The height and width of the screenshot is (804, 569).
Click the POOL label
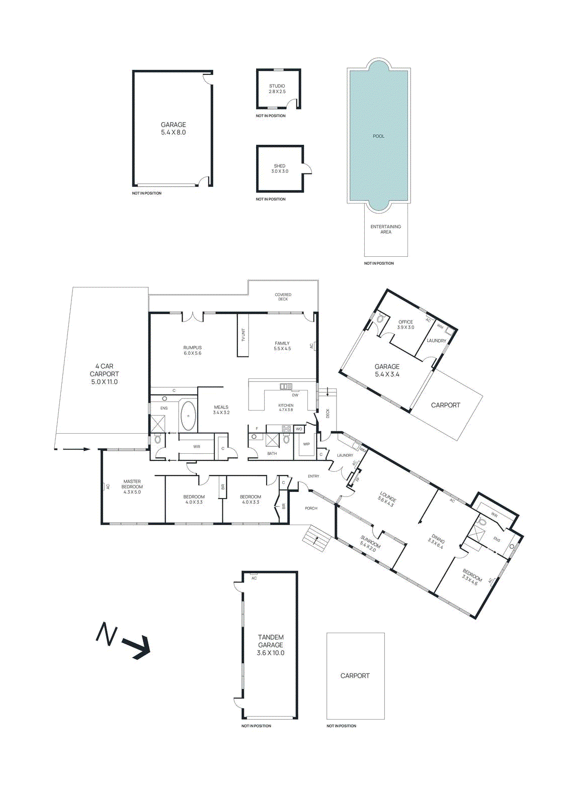[x=378, y=136]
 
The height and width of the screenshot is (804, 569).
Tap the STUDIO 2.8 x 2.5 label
[x=277, y=89]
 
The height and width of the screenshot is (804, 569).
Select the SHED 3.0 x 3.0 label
[x=280, y=169]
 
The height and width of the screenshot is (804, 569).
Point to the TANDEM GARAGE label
[x=271, y=645]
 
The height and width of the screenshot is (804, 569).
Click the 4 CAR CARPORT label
[x=104, y=374]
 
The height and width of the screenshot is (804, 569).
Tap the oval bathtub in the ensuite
[x=189, y=415]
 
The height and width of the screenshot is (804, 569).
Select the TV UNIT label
[x=243, y=335]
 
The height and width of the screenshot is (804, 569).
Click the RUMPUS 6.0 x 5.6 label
[x=192, y=350]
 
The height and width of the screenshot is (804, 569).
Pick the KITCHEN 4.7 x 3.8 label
[x=286, y=408]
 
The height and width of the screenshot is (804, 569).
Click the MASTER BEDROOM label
[x=132, y=486]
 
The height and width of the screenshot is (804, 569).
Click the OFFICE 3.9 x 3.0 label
[x=405, y=325]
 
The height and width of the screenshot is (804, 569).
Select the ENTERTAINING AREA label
[x=386, y=229]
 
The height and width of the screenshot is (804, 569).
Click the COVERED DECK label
[x=283, y=297]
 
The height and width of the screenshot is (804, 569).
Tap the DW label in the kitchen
[x=295, y=395]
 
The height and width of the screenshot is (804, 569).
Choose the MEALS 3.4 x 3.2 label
[x=221, y=410]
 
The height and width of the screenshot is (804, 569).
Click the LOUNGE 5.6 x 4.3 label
[x=387, y=499]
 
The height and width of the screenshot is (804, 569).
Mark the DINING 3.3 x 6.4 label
[x=437, y=542]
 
